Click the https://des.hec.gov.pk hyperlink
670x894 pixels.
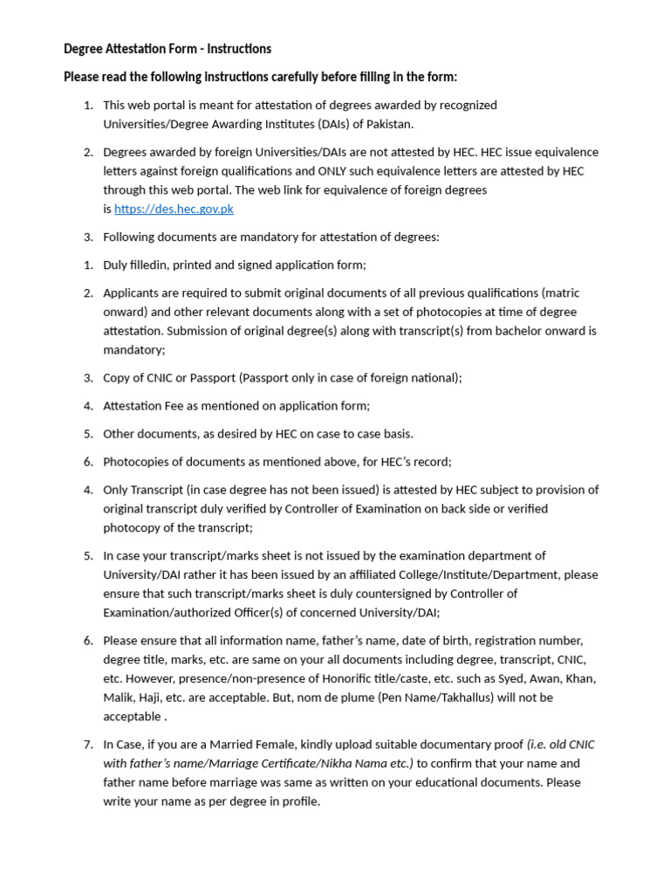coord(174,209)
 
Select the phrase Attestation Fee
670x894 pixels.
coord(144,406)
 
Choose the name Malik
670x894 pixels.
coord(120,698)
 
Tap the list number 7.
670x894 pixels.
coord(88,745)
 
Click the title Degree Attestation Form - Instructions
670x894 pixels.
coord(167,49)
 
